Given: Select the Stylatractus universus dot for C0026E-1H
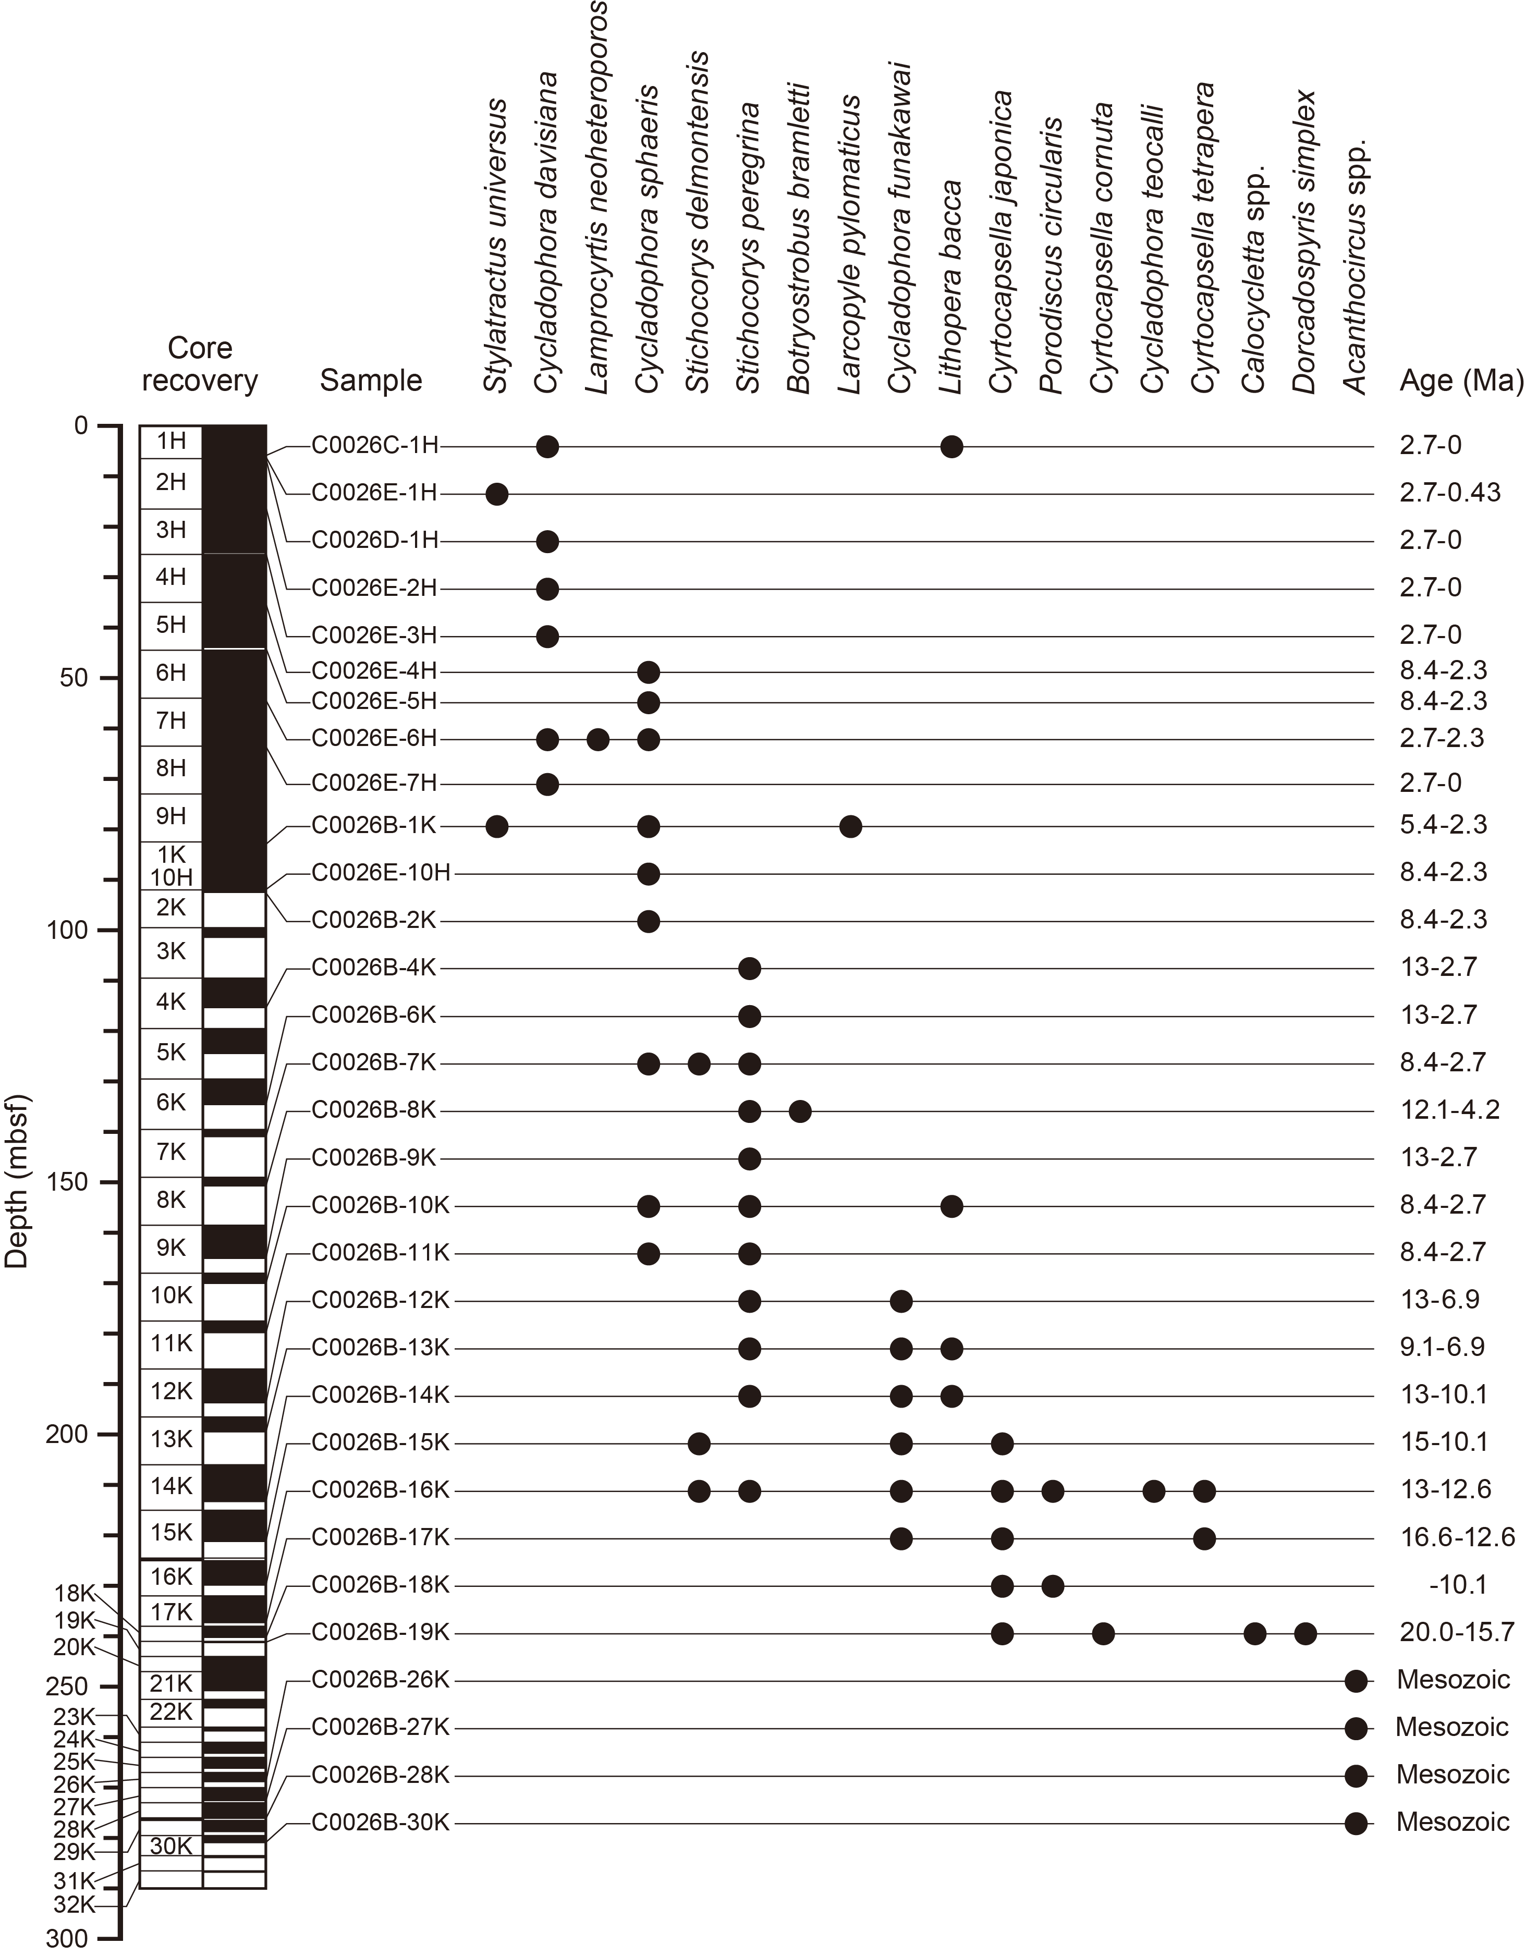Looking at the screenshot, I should click(497, 494).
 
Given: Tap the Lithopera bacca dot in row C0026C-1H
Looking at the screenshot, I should click(952, 446).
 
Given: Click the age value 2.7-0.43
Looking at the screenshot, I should click(1450, 493).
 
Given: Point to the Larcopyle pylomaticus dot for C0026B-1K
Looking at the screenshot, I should click(851, 826).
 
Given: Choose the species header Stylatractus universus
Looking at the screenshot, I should click(497, 246).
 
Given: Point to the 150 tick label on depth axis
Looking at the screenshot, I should click(67, 1182).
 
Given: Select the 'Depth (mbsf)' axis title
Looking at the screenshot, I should click(17, 1182).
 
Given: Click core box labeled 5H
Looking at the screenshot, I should click(171, 624).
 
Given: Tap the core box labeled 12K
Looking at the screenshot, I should click(171, 1391).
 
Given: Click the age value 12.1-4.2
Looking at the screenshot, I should click(1450, 1110).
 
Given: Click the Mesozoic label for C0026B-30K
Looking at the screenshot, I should click(1453, 1821).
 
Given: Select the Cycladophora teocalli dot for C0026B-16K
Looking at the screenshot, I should click(1154, 1491).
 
